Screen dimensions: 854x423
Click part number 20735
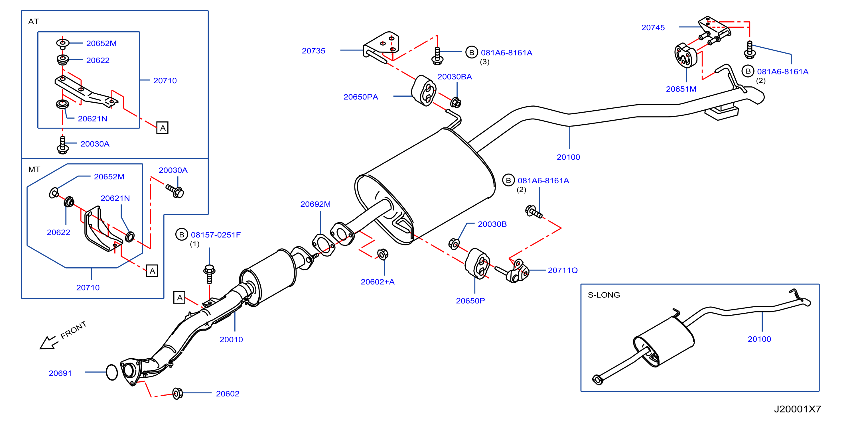[x=313, y=51]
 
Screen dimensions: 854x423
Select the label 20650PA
[x=361, y=97]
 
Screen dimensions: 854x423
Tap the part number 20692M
[x=315, y=204]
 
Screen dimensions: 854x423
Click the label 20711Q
[x=563, y=270]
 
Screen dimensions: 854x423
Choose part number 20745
[x=653, y=28]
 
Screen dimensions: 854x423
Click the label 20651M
[x=681, y=89]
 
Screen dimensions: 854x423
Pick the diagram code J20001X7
[x=797, y=409]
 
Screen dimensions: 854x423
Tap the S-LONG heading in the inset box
[x=603, y=295]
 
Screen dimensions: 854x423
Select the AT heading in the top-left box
[x=33, y=22]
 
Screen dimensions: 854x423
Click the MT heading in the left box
[x=34, y=169]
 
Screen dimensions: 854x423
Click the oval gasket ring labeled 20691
[x=112, y=372]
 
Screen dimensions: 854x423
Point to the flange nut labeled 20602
[x=178, y=393]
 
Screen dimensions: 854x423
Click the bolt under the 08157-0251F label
[x=209, y=274]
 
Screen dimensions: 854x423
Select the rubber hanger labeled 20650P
[x=477, y=264]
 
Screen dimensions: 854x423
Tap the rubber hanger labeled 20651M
[x=685, y=55]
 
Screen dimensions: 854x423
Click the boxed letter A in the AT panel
[x=162, y=128]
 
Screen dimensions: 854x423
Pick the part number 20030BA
[x=455, y=77]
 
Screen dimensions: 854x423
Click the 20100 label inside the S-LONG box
[x=759, y=339]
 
